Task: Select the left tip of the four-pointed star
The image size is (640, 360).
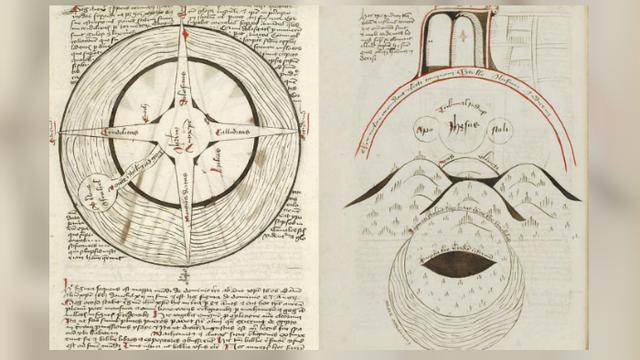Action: coord(62,133)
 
